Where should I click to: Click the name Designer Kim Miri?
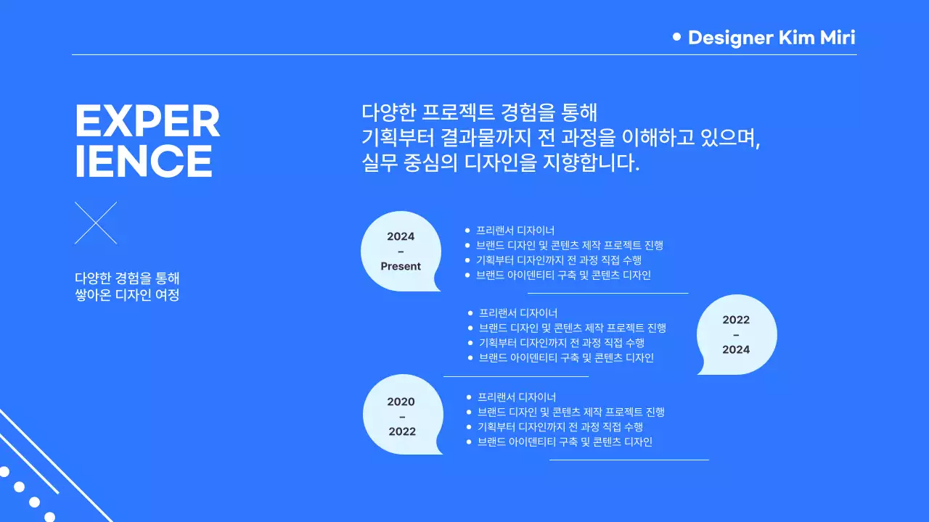coord(772,38)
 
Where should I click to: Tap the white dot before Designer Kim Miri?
coord(677,36)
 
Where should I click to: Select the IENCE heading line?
coord(144,161)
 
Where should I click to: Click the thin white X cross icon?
coord(96,223)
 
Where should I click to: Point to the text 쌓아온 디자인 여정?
coord(127,295)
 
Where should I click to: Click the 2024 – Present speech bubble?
coord(401,251)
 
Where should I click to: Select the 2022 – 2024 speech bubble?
coord(736,334)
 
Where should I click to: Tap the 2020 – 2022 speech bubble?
coord(401,415)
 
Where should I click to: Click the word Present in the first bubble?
coord(401,266)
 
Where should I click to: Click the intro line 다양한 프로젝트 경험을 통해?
coord(479,112)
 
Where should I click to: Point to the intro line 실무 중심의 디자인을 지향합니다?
coord(501,162)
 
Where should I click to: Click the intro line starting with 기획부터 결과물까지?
coord(560,137)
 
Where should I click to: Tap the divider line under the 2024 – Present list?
coord(607,294)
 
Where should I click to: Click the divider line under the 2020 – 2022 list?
coord(629,460)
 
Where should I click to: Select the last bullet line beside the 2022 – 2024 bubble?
coord(566,358)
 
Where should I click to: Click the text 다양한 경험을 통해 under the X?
coord(127,278)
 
